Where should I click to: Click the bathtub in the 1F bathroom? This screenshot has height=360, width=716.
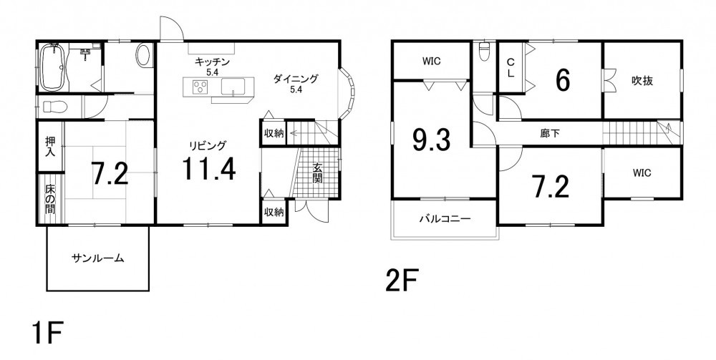coord(52,67)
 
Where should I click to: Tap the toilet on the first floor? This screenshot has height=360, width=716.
coord(55,107)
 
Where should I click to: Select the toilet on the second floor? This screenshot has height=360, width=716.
coord(483,52)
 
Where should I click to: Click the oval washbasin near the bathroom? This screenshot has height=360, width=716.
coord(143,55)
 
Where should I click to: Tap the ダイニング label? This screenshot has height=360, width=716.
coord(296,79)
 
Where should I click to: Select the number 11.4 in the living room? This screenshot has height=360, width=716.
coord(208,168)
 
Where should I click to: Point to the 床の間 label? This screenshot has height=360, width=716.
coord(50,198)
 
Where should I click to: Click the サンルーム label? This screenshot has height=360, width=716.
coord(97,258)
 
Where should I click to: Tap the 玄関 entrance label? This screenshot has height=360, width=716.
coord(317,173)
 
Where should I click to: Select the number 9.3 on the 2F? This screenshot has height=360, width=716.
coord(431,140)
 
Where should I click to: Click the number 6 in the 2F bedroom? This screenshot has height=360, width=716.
coord(563,80)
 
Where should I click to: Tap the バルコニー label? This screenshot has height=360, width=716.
coord(445,218)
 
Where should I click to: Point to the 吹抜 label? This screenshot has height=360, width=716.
coord(642,81)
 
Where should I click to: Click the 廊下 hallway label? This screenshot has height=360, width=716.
coord(549,134)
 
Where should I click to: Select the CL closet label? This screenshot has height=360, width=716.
coord(511,67)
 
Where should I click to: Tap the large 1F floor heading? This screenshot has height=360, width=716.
coord(47,334)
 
